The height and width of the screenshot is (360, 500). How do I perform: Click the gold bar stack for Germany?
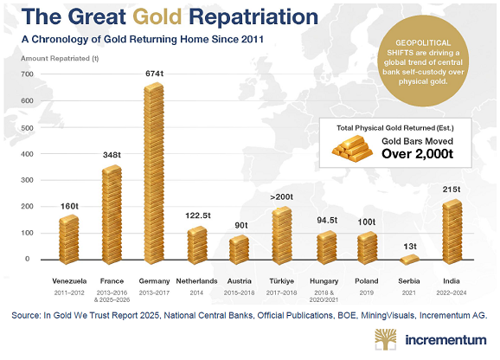pyautogui.click(x=154, y=173)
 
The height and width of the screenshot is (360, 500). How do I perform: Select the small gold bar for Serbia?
pyautogui.click(x=410, y=260)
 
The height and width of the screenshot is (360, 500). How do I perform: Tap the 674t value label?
pyautogui.click(x=154, y=74)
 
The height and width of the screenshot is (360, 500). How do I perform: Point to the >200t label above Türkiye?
pyautogui.click(x=281, y=197)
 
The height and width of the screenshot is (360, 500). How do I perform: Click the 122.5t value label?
pyautogui.click(x=198, y=215)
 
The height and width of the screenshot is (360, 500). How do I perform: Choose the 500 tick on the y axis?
pyautogui.click(x=27, y=127)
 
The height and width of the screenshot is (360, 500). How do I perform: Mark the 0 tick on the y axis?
pyautogui.click(x=28, y=259)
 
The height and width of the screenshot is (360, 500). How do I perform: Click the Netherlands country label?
pyautogui.click(x=196, y=281)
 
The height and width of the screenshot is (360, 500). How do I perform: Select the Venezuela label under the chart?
pyautogui.click(x=69, y=281)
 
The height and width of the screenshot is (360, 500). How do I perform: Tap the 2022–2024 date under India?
pyautogui.click(x=452, y=292)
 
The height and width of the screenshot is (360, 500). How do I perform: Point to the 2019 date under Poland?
pyautogui.click(x=367, y=292)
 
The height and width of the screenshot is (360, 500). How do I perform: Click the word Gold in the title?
pyautogui.click(x=157, y=16)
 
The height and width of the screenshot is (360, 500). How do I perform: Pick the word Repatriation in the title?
pyautogui.click(x=253, y=17)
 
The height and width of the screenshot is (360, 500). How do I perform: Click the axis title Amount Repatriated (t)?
pyautogui.click(x=60, y=58)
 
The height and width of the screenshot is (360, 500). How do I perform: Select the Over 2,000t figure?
pyautogui.click(x=418, y=154)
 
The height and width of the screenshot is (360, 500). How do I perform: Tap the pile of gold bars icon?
pyautogui.click(x=352, y=148)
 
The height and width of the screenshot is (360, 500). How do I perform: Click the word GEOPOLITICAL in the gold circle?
pyautogui.click(x=423, y=42)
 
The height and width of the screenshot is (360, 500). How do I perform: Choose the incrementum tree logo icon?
pyautogui.click(x=386, y=339)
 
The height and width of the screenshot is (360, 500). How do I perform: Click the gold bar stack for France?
pyautogui.click(x=112, y=215)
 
